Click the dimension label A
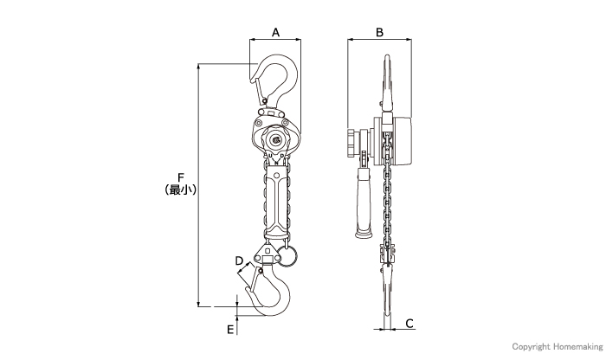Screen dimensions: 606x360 [x=275, y=32]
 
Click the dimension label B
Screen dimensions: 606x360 [x=379, y=32]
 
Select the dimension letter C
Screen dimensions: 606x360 [x=409, y=324]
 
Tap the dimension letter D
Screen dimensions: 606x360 [x=239, y=261]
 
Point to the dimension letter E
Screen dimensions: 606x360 [x=230, y=330]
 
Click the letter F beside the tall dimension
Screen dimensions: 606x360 [x=180, y=178]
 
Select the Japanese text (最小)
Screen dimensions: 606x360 [x=180, y=190]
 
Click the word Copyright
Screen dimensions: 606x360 [x=531, y=347]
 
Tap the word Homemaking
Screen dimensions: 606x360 [x=577, y=347]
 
